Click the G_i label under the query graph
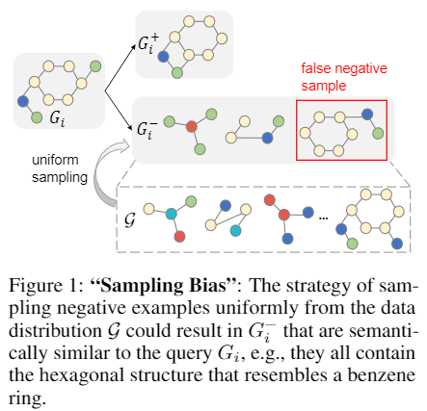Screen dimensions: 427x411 57,119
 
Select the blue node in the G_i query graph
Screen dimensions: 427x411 23,101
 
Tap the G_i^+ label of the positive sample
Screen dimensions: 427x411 148,44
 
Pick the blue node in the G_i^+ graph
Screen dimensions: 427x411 164,57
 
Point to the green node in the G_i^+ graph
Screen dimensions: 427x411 177,73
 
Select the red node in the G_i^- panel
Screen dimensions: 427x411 192,126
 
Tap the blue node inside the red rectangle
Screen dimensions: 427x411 367,114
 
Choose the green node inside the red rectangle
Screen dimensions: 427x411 378,133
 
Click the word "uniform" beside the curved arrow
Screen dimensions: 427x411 55,160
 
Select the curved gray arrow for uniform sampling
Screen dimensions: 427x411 98,173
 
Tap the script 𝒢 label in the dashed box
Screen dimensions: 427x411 129,219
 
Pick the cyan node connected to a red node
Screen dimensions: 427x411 172,214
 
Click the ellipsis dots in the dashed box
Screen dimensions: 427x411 323,218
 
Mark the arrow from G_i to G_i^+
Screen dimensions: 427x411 120,68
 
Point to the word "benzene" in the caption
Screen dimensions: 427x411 382,374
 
